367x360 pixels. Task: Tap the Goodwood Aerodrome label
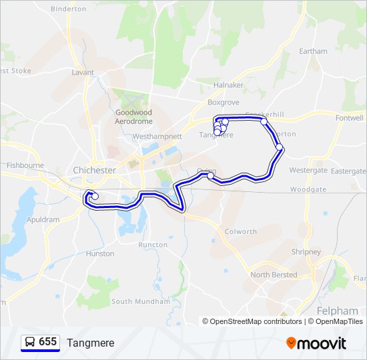(133, 117)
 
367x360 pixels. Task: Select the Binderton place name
(69, 9)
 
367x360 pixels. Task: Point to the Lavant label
(83, 72)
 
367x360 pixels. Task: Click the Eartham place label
(313, 51)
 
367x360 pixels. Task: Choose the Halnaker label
(229, 85)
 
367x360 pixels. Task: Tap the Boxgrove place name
(223, 103)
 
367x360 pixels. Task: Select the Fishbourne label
(25, 165)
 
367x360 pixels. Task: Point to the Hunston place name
(100, 254)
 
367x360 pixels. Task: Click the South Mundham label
(141, 301)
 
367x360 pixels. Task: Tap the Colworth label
(241, 232)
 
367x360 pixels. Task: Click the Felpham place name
(334, 311)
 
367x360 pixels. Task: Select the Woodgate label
(308, 189)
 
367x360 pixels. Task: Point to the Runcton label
(153, 245)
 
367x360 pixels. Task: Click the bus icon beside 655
(30, 342)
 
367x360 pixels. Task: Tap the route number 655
(47, 342)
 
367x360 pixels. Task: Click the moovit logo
(316, 343)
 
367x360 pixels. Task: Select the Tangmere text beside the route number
(90, 343)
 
